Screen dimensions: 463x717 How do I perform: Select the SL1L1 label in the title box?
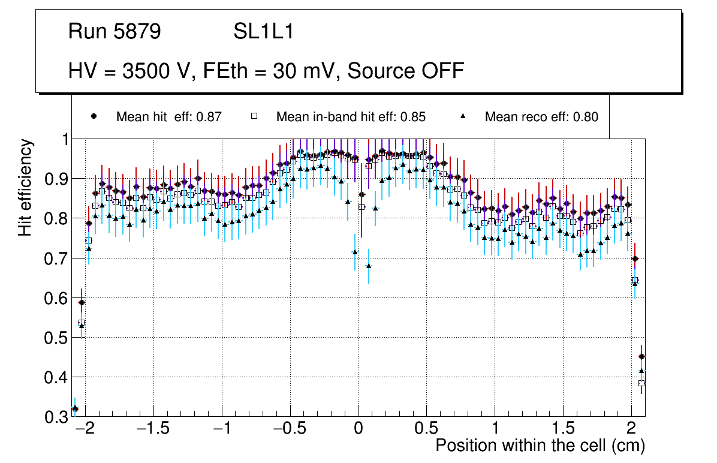[x=263, y=32]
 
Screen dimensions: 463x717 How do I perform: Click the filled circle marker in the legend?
[x=94, y=117]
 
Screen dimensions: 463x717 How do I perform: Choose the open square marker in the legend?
[x=254, y=117]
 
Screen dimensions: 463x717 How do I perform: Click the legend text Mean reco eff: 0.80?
[x=541, y=117]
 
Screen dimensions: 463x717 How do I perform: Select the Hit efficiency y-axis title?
[x=25, y=187]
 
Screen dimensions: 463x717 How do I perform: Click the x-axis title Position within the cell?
[x=540, y=446]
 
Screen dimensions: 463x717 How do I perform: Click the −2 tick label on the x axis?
[x=86, y=429]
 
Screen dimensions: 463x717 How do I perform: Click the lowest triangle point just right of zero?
[x=369, y=266]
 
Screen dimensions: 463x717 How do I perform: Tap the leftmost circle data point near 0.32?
[x=75, y=409]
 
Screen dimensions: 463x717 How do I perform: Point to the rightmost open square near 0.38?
[x=641, y=383]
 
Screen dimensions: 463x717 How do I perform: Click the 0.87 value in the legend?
[x=209, y=117]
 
